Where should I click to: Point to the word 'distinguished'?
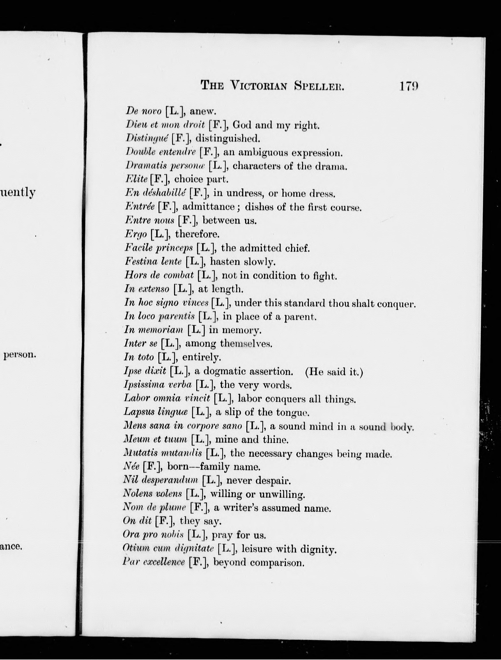pos(228,138)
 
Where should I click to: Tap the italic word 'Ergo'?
pos(136,234)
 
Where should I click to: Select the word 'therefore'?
pos(197,234)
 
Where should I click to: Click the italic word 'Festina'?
pos(140,262)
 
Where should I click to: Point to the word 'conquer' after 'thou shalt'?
pos(396,304)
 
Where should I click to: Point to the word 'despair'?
pos(274,481)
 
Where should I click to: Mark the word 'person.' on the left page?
pos(20,355)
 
